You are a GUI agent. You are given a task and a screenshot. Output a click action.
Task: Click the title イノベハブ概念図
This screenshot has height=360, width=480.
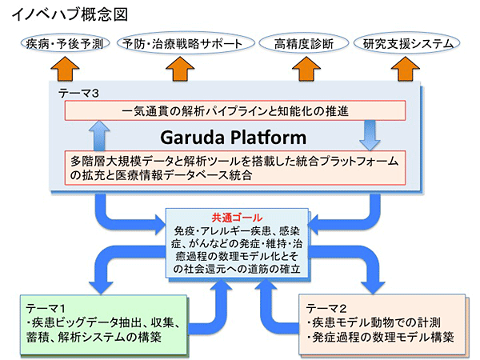[70, 14]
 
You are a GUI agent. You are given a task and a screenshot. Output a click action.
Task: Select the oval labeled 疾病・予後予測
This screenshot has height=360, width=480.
[65, 43]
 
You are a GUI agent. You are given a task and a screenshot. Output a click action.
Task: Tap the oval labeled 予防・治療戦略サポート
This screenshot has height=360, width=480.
[186, 43]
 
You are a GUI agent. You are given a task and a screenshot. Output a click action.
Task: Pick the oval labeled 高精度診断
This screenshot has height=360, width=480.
[304, 43]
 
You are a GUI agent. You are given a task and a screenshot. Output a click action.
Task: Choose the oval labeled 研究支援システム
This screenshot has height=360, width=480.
[407, 43]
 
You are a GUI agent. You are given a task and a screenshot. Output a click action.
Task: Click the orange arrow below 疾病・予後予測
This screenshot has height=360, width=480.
[65, 69]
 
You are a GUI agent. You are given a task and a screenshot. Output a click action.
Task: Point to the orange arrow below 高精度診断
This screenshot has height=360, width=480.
[306, 69]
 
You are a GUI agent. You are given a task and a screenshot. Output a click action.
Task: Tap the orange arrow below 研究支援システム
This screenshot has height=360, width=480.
[406, 69]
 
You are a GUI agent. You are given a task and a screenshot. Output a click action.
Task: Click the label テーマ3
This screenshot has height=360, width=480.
[78, 93]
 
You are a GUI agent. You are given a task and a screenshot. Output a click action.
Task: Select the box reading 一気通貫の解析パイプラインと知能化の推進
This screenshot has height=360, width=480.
[235, 110]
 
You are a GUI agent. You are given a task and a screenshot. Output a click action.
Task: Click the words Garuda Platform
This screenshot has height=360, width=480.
[234, 138]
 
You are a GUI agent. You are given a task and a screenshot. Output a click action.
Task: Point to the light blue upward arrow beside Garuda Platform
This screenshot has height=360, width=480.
[99, 136]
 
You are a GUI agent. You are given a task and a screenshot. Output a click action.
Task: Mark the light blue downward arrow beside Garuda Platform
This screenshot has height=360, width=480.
[370, 136]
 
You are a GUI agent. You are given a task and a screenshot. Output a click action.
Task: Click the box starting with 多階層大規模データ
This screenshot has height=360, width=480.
[235, 168]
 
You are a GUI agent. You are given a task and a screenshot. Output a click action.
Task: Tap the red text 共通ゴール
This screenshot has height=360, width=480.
[237, 218]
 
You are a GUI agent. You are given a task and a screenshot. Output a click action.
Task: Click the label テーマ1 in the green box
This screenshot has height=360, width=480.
[46, 308]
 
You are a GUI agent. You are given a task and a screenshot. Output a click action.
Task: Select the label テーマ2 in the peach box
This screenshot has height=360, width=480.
[326, 308]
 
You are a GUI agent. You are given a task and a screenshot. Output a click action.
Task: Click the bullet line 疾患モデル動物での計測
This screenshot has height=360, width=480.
[374, 322]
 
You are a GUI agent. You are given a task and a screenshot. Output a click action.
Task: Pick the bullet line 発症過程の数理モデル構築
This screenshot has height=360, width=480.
[381, 337]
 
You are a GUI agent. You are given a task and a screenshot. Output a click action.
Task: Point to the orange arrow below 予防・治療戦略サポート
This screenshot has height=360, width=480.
[180, 69]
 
